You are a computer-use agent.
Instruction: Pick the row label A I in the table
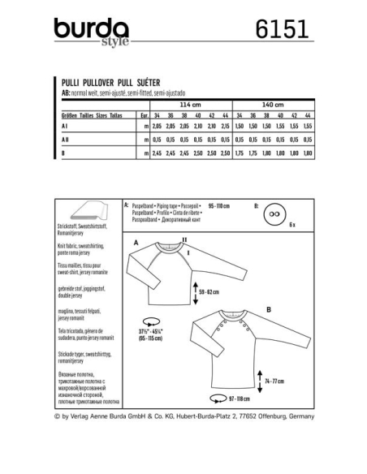coord(66,127)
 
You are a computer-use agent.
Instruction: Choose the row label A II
coord(67,140)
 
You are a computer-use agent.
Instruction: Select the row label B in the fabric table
coord(64,153)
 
